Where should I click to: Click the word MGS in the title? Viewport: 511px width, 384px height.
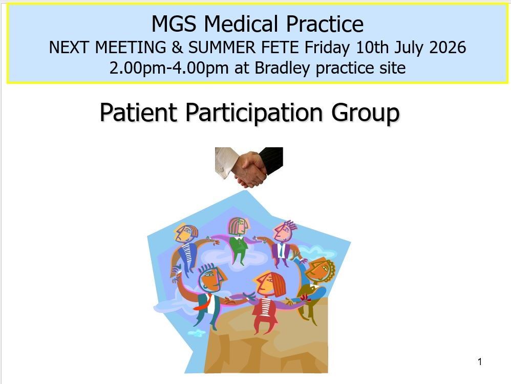(x=174, y=24)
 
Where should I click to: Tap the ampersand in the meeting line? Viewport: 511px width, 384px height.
(x=177, y=48)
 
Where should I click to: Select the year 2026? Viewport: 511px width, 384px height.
(x=448, y=48)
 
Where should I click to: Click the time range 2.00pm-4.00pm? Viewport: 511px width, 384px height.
(x=168, y=68)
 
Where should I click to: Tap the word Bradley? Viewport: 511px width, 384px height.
(x=282, y=69)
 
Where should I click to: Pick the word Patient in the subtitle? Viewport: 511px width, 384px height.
(x=138, y=112)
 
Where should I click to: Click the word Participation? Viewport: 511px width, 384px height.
(x=254, y=113)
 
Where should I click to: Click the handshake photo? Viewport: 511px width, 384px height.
(x=249, y=167)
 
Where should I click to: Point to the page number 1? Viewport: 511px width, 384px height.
(x=480, y=362)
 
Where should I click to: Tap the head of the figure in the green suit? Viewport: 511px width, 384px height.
(x=238, y=226)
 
